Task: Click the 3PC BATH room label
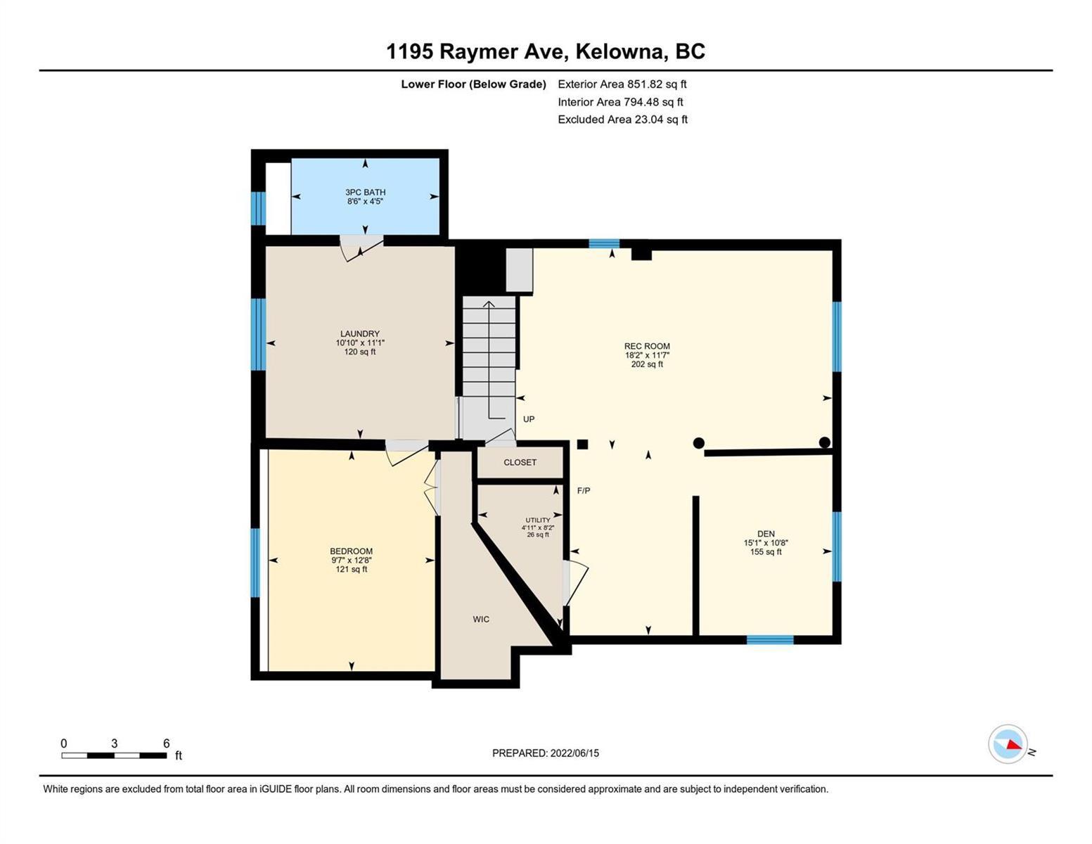click(365, 191)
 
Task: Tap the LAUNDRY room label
click(360, 333)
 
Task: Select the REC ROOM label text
click(647, 346)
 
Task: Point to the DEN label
click(766, 533)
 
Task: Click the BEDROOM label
click(352, 551)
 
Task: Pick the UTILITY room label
click(538, 520)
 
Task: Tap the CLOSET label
click(520, 462)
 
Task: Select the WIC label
click(481, 620)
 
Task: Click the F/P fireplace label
click(584, 491)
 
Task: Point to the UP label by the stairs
click(529, 419)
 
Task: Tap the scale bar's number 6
click(167, 743)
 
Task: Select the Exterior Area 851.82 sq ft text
click(622, 84)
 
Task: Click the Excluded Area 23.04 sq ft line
click(622, 119)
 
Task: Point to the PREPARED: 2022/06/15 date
click(545, 753)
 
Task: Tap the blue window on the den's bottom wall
click(769, 640)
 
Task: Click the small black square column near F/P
click(582, 445)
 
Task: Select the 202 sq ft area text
click(647, 364)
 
